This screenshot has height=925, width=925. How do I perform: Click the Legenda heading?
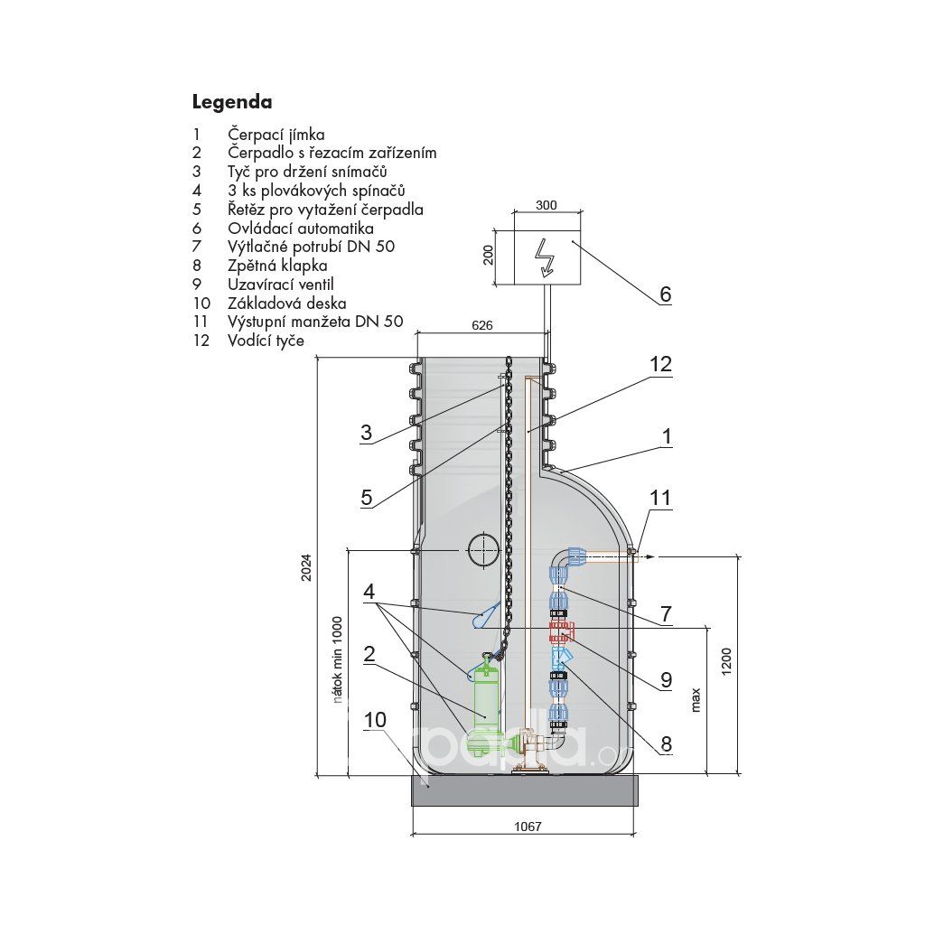click(x=232, y=103)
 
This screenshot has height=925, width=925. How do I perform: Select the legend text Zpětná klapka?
click(x=277, y=266)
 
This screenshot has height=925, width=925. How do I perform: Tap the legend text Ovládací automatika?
click(x=301, y=229)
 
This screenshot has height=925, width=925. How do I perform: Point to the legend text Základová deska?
click(x=286, y=304)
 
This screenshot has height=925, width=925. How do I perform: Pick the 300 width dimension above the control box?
click(x=547, y=205)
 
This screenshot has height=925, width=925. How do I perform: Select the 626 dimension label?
click(x=482, y=325)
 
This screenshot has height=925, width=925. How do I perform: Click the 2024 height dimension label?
click(x=306, y=568)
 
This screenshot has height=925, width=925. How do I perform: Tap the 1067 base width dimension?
click(x=528, y=827)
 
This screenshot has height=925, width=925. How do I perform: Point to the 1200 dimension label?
click(x=726, y=661)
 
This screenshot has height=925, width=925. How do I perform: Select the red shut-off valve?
click(x=560, y=631)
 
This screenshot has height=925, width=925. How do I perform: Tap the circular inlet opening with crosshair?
click(x=483, y=550)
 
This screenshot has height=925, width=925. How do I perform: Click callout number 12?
click(x=660, y=365)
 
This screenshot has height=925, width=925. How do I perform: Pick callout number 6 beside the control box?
click(x=666, y=294)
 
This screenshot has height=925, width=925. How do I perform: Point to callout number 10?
click(x=375, y=720)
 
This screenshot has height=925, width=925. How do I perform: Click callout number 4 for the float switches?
click(x=369, y=591)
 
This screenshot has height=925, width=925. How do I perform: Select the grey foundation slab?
click(x=525, y=790)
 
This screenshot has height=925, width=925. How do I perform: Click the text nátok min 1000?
click(x=338, y=659)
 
